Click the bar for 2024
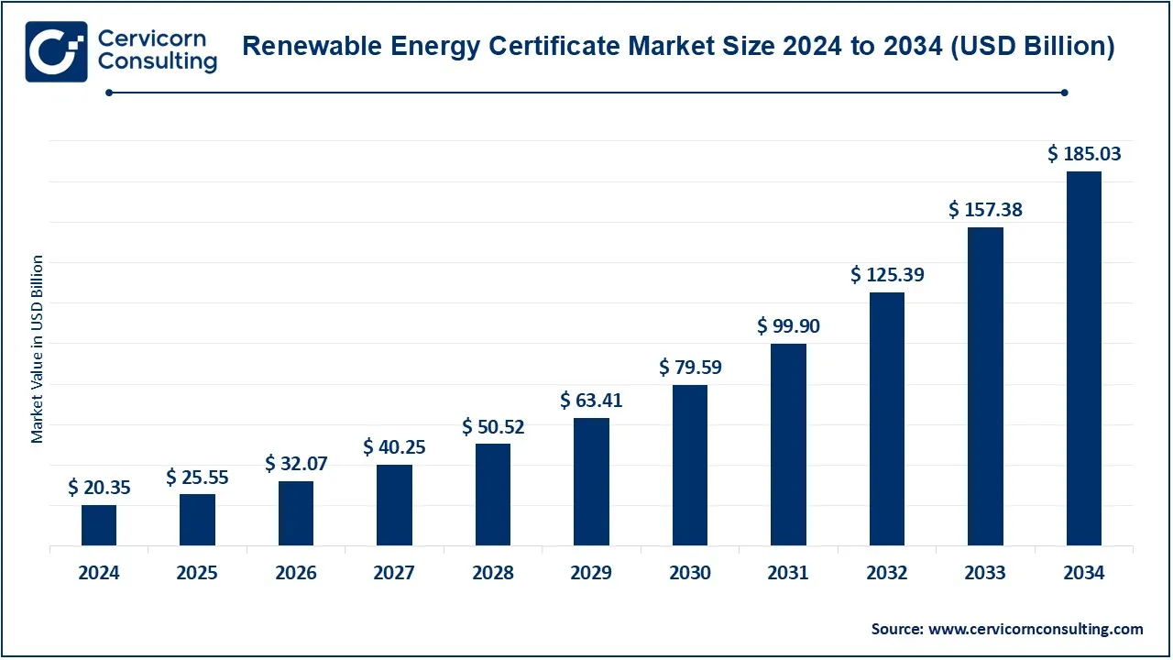[x=99, y=525]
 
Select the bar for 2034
[x=1084, y=358]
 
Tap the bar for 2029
[x=591, y=482]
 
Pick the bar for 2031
[x=788, y=445]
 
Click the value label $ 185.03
[x=1084, y=154]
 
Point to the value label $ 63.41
[x=591, y=401]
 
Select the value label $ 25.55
[x=197, y=477]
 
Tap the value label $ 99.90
[x=788, y=325]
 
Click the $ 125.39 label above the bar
[x=887, y=274]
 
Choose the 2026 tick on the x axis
[x=296, y=573]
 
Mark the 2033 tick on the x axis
[x=985, y=573]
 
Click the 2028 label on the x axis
[x=493, y=573]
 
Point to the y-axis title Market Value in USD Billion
[x=38, y=349]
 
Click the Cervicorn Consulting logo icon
[x=57, y=51]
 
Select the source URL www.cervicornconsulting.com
[x=1036, y=629]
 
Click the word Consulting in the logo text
[x=158, y=62]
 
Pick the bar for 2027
[x=394, y=505]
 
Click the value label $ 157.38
[x=985, y=210]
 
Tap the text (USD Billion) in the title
[x=1032, y=48]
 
